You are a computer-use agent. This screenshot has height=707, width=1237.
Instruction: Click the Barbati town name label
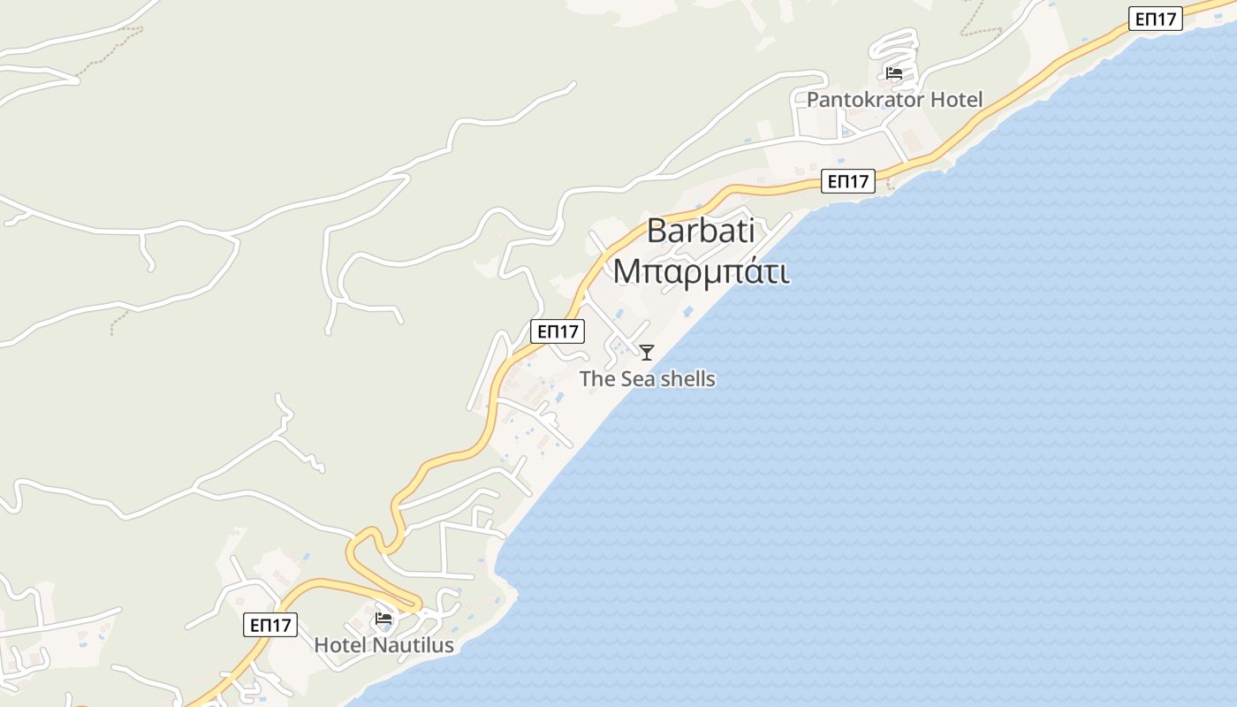(x=701, y=232)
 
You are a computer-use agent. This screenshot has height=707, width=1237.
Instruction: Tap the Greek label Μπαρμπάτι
(x=701, y=271)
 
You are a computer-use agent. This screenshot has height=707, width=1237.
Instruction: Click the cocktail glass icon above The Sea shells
(x=647, y=353)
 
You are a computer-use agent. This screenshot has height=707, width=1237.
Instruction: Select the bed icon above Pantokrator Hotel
(x=894, y=73)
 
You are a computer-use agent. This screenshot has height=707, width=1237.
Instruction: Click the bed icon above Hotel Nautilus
(x=383, y=619)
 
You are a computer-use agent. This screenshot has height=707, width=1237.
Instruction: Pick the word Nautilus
(x=414, y=645)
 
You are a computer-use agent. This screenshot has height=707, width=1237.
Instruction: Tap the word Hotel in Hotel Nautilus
(x=341, y=645)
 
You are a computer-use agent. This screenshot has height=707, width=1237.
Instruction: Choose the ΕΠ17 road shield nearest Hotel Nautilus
(x=270, y=625)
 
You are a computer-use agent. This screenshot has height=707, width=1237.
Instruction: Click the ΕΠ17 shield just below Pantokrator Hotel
(x=848, y=182)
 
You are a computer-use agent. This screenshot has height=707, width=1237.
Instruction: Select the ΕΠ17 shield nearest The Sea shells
(x=558, y=332)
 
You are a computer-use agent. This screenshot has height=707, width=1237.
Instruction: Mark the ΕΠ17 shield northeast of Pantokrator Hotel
(x=1155, y=19)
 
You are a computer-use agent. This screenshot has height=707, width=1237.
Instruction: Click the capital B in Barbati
(x=657, y=232)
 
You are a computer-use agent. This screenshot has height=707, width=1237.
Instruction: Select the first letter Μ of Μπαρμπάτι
(x=626, y=271)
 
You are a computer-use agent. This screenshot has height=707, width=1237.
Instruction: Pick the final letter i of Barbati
(x=750, y=232)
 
